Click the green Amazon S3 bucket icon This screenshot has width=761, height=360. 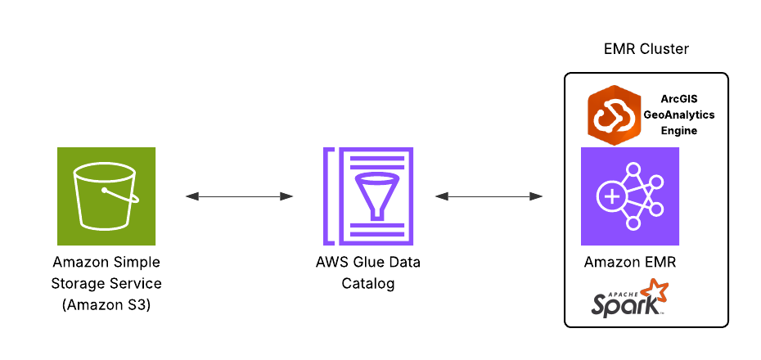pos(106,196)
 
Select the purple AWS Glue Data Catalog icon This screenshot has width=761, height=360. pos(368,196)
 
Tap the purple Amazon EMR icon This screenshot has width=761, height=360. pos(629,196)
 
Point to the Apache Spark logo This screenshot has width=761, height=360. pos(628,299)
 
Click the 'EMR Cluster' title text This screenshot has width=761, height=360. pos(646,49)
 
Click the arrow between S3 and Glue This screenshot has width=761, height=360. pos(239,196)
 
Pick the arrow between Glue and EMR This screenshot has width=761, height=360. pos(489,196)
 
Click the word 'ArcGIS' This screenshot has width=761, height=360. pos(678,99)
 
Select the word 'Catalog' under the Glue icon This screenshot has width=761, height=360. pos(368,284)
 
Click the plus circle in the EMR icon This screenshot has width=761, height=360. pos(610,197)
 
